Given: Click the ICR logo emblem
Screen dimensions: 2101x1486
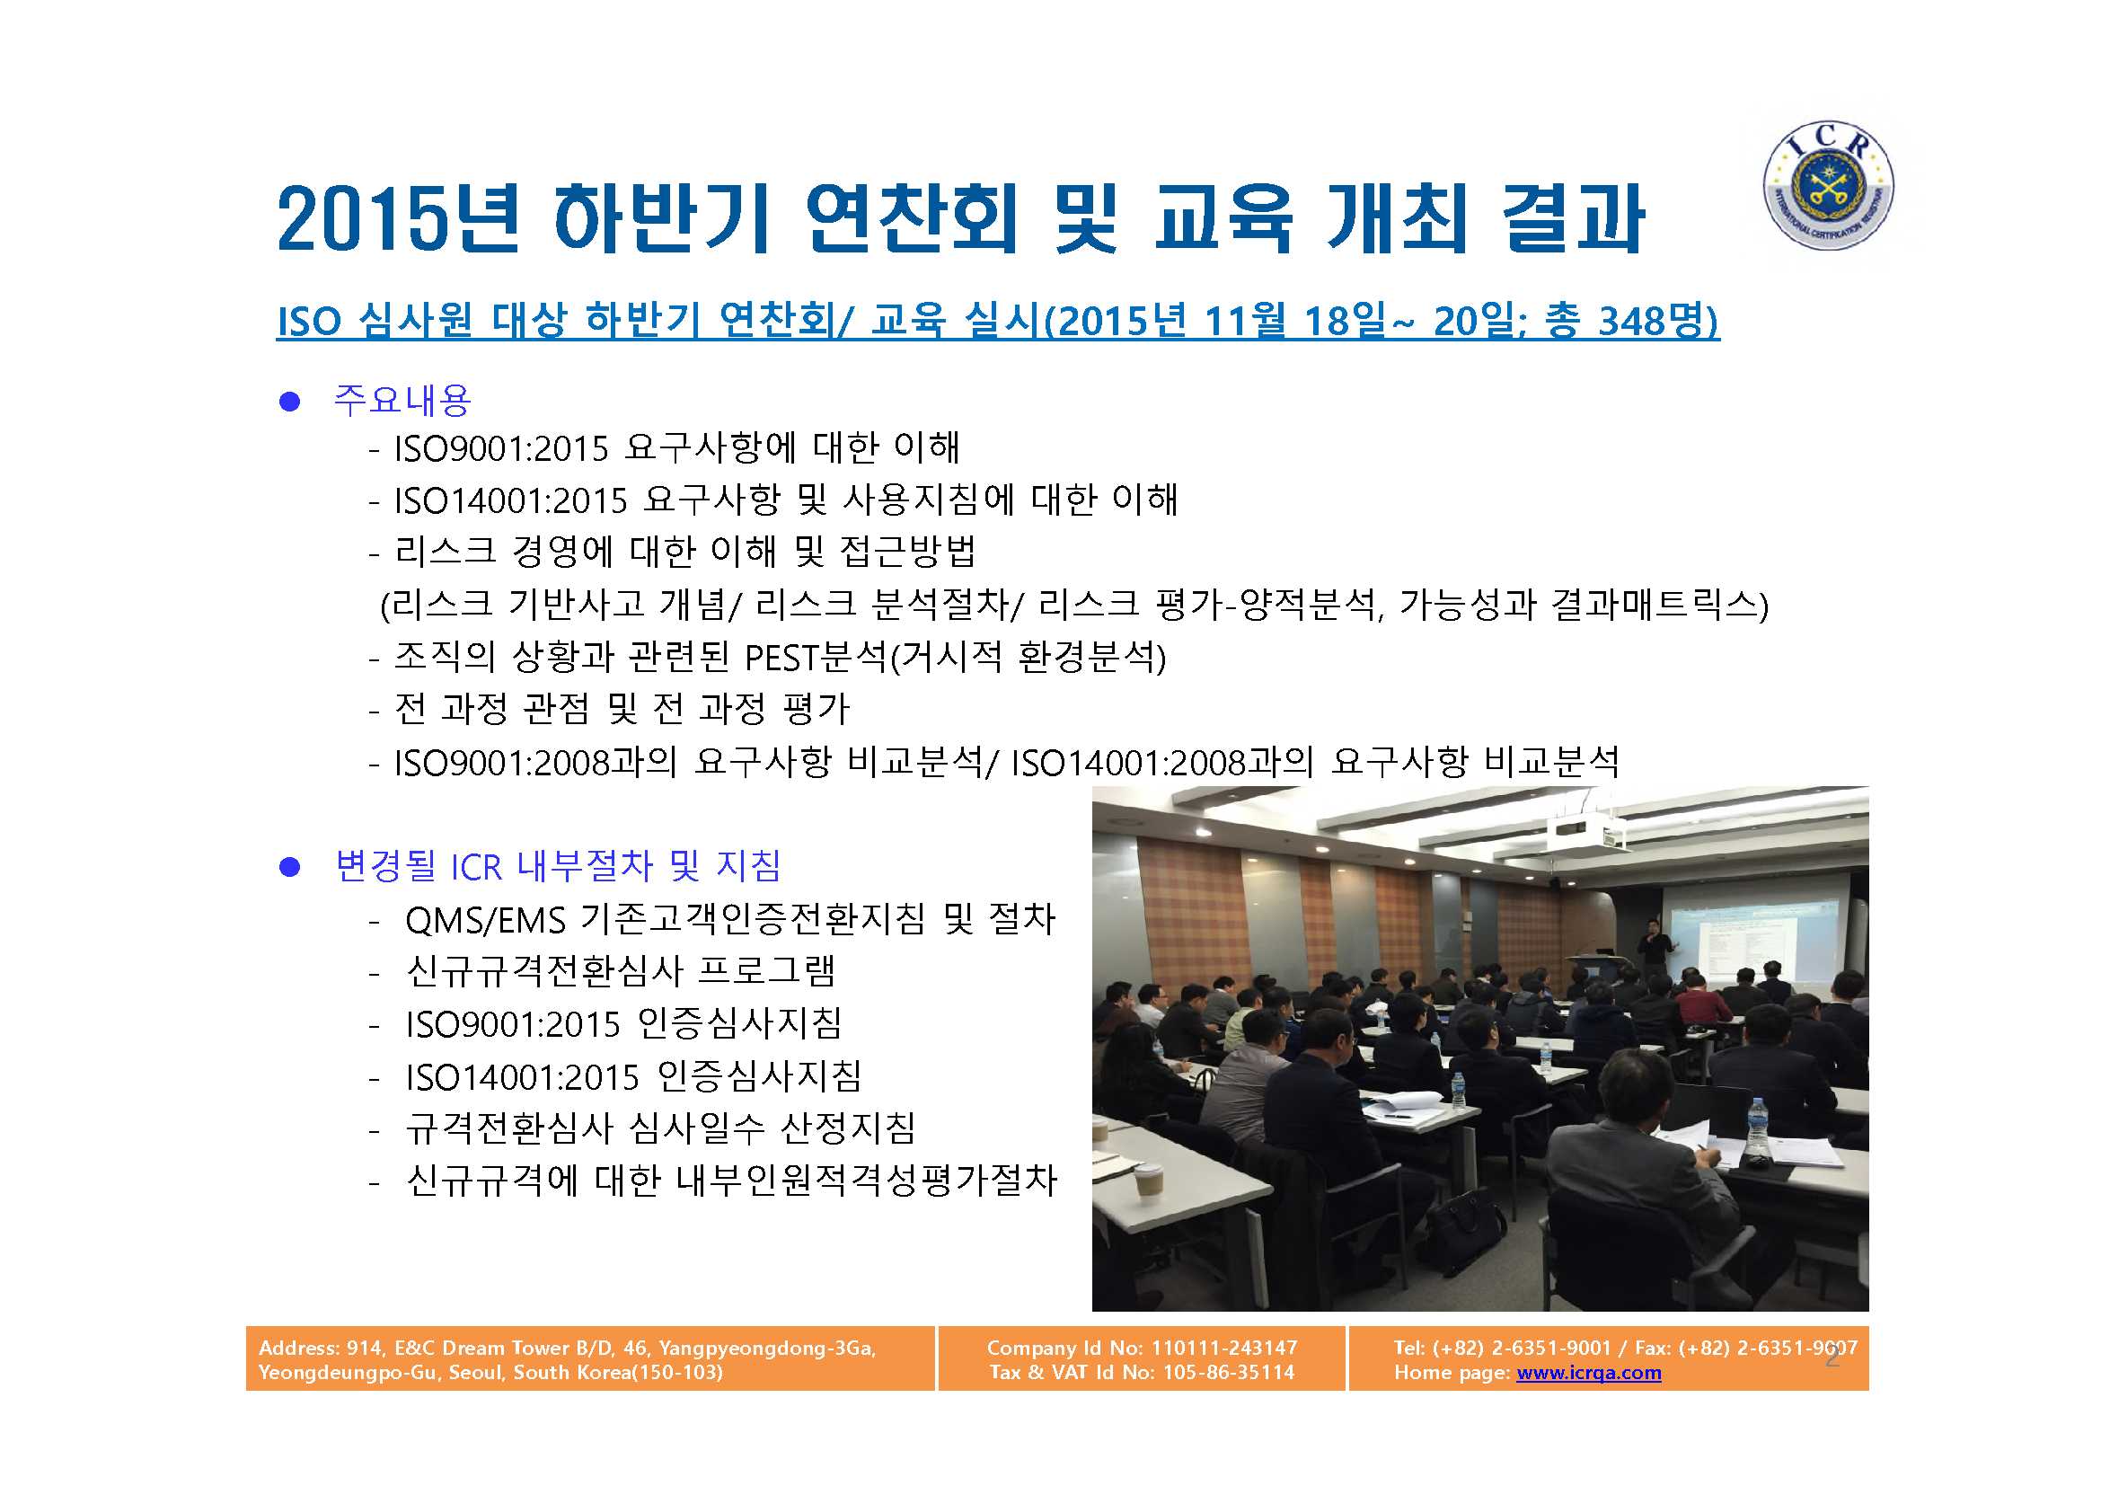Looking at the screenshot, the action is pyautogui.click(x=1828, y=186).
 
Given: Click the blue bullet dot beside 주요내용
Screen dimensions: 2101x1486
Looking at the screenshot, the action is pyautogui.click(x=290, y=402).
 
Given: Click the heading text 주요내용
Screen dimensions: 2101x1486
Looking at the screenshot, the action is pyautogui.click(x=402, y=400).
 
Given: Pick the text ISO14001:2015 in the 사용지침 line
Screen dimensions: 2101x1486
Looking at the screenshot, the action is pyautogui.click(x=510, y=500).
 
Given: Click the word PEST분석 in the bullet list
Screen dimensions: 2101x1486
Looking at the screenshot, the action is pyautogui.click(x=816, y=657).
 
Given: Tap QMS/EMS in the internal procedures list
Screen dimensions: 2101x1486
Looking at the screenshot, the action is pyautogui.click(x=485, y=920).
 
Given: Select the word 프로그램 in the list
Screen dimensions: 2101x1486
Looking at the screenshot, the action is pyautogui.click(x=767, y=971).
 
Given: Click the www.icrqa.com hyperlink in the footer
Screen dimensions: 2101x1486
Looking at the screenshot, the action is pyautogui.click(x=1589, y=1373).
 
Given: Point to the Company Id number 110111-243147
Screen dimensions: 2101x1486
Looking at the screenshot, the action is pyautogui.click(x=1224, y=1347).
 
